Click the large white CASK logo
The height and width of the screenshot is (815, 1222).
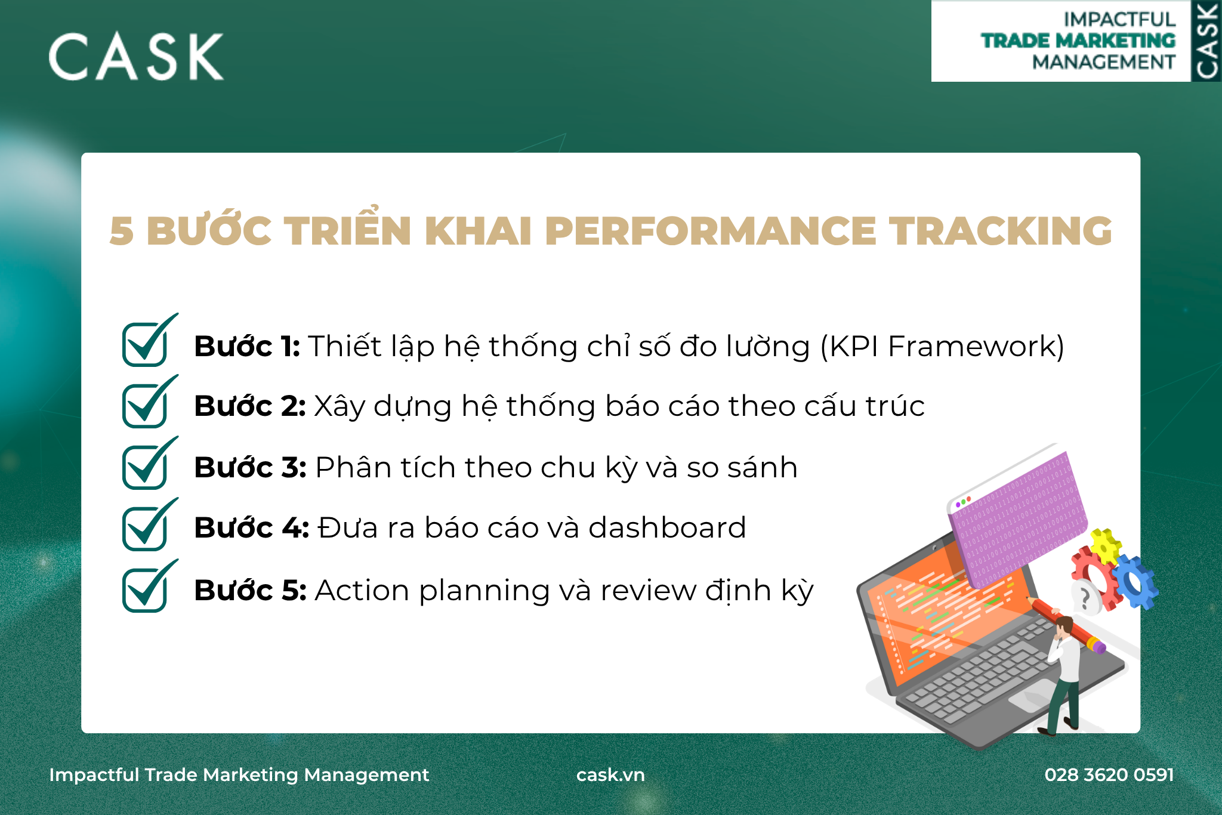click(x=136, y=57)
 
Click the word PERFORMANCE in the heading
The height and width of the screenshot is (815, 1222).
click(x=711, y=231)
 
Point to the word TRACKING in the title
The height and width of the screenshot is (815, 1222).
click(x=1001, y=231)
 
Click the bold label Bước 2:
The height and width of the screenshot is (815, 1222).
click(x=250, y=406)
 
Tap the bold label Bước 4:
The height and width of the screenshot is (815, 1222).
click(x=252, y=528)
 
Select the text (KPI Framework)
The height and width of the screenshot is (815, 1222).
click(x=942, y=347)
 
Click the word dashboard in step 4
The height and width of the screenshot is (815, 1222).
click(x=667, y=528)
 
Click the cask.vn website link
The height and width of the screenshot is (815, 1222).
click(x=610, y=775)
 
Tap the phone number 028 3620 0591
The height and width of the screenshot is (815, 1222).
click(x=1109, y=775)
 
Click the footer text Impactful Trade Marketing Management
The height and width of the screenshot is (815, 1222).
click(x=239, y=775)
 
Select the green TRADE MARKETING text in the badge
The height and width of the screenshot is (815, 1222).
click(x=1078, y=41)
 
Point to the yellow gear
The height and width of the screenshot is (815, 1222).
click(x=1106, y=545)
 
